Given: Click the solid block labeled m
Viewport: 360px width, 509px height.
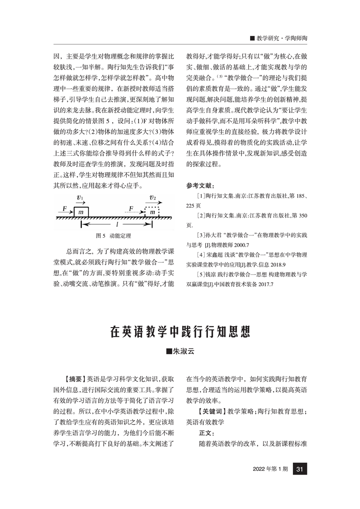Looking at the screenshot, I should point(81,211).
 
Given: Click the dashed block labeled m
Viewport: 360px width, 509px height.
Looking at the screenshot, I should point(153,211).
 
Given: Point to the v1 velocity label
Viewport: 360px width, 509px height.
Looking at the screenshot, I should point(80,198).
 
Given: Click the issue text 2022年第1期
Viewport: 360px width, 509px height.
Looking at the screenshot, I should point(270,470).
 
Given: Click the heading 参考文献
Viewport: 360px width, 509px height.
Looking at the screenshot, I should point(200,186).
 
